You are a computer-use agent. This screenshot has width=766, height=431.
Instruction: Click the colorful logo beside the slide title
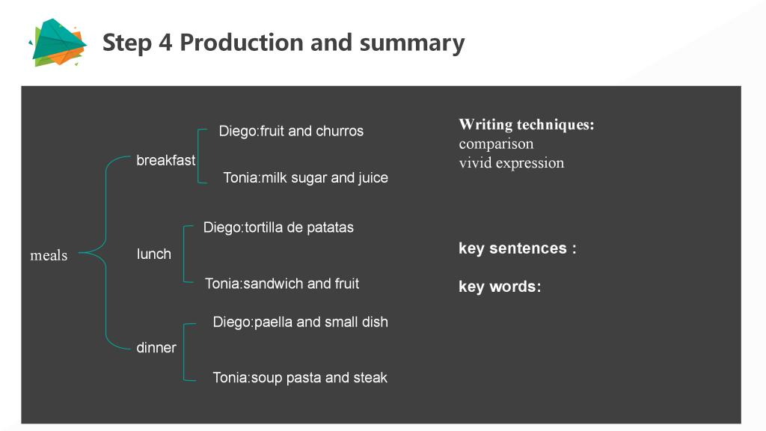click(x=58, y=43)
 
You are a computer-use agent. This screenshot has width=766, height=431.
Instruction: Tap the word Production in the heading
click(x=242, y=42)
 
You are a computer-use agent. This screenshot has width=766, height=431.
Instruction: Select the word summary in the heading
click(x=412, y=43)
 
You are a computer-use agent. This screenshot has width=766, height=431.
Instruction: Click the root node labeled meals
click(x=49, y=255)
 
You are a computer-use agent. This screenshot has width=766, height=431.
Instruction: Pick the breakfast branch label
click(x=165, y=160)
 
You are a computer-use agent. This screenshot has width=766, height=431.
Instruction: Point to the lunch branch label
click(x=154, y=254)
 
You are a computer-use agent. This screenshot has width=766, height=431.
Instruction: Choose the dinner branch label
click(x=156, y=347)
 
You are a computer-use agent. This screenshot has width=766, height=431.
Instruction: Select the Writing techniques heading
click(x=527, y=125)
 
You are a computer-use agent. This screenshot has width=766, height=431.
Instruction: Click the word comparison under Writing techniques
click(x=497, y=144)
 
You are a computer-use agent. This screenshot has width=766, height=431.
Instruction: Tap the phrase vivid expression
click(x=512, y=162)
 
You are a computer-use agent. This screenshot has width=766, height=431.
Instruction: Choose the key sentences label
click(x=518, y=248)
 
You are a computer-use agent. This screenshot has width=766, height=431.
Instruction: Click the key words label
click(x=500, y=287)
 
